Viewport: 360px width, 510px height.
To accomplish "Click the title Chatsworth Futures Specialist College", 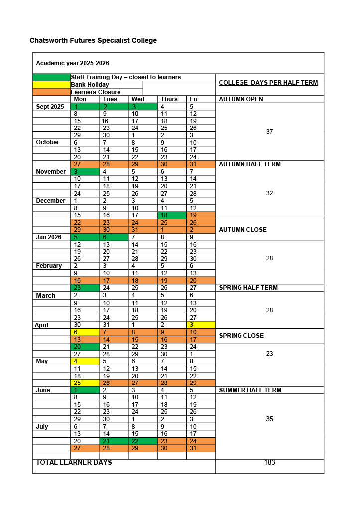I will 93,40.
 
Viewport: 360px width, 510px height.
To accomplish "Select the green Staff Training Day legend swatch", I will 52,77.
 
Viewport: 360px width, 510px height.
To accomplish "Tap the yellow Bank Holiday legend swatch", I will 52,85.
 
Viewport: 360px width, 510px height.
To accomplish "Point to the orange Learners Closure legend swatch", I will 52,92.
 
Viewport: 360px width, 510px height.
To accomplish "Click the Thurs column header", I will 169,99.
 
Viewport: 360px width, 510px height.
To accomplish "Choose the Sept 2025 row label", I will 50,107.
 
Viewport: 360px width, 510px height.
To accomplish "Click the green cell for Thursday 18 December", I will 172,215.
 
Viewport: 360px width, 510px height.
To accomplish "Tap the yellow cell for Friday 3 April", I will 201,325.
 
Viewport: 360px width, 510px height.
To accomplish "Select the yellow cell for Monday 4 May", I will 85,361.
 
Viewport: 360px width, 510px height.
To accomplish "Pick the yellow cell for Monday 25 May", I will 85,383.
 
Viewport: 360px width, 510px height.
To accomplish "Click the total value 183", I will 269,463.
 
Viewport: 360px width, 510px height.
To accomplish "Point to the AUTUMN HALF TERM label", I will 249,164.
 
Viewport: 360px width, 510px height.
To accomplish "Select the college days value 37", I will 269,132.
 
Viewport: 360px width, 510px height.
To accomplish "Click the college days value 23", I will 269,354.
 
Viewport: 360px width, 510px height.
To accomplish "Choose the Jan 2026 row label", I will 49,237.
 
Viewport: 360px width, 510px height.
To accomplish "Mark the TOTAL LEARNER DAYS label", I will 74,463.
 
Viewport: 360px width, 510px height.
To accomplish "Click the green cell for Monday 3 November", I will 85,172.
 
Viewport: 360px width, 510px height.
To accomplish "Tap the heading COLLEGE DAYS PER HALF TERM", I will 268,83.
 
